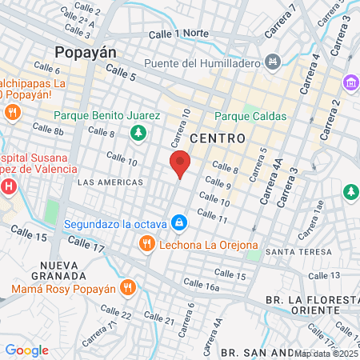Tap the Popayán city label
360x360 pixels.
(x=86, y=52)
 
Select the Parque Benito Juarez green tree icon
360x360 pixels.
(x=139, y=132)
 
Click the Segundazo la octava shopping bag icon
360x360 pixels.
(x=179, y=222)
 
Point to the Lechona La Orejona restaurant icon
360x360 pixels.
(x=146, y=243)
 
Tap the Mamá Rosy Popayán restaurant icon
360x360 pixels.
(x=128, y=287)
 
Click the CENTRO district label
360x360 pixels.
(x=218, y=138)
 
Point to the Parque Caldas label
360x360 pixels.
(x=250, y=116)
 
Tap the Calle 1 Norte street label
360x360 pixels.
(x=179, y=34)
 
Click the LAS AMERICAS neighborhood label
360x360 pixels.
(x=110, y=182)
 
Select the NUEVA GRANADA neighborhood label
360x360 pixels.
(x=63, y=270)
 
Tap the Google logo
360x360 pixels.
(x=26, y=350)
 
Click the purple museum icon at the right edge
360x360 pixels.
(x=350, y=82)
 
